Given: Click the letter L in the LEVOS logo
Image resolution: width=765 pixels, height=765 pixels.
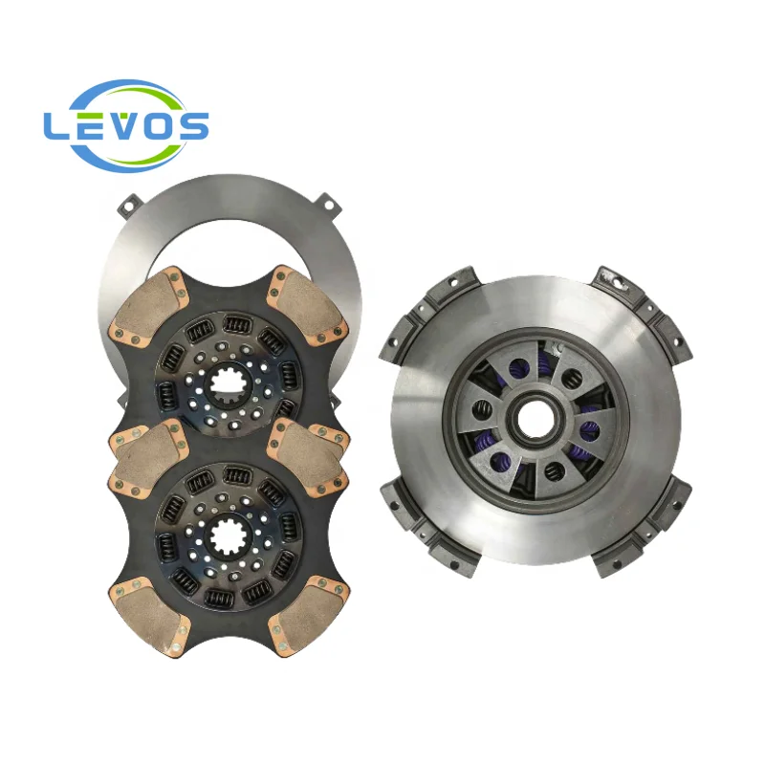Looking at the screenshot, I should click(56, 126).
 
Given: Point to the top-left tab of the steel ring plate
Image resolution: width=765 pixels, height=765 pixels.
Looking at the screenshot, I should click(127, 203).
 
